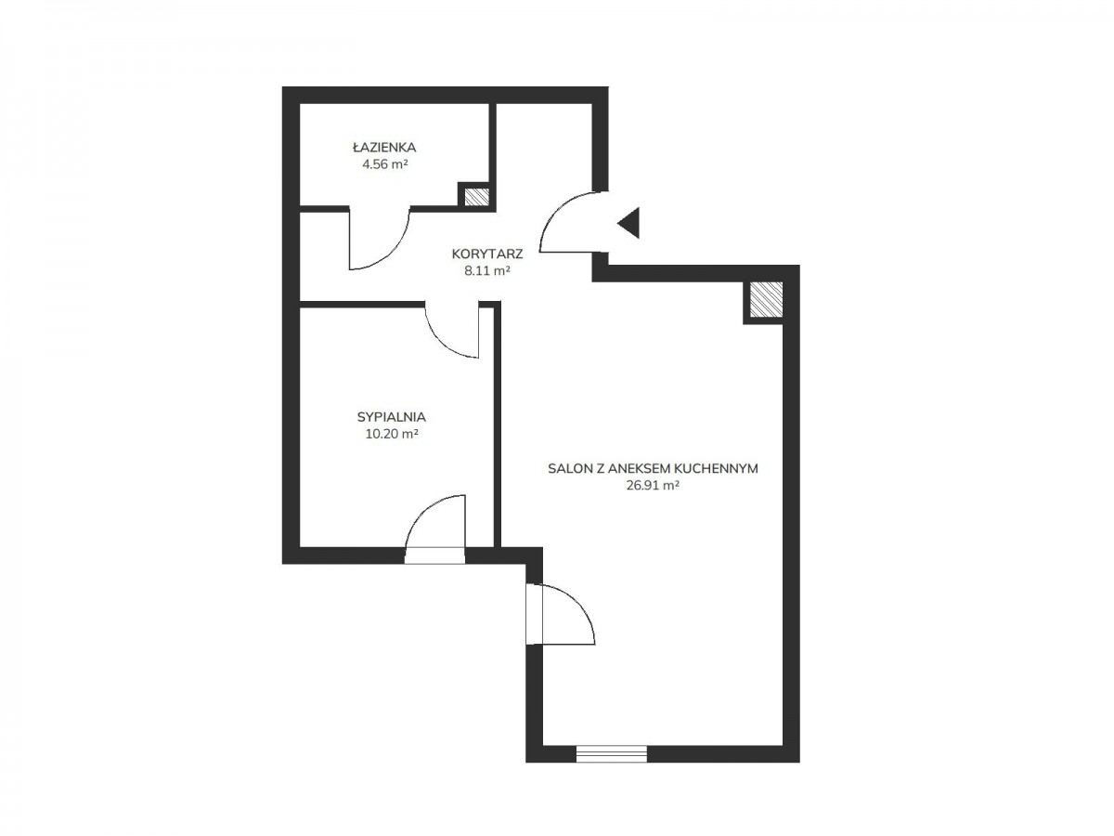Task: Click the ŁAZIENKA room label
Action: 383,147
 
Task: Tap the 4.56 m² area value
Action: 384,164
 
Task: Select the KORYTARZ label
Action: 486,254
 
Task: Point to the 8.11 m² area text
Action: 486,270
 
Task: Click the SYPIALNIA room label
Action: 392,417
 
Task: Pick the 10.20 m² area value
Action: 392,434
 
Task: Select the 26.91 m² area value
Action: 653,485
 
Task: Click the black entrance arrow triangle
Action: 631,223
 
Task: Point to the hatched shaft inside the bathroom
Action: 477,197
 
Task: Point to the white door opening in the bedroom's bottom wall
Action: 435,555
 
